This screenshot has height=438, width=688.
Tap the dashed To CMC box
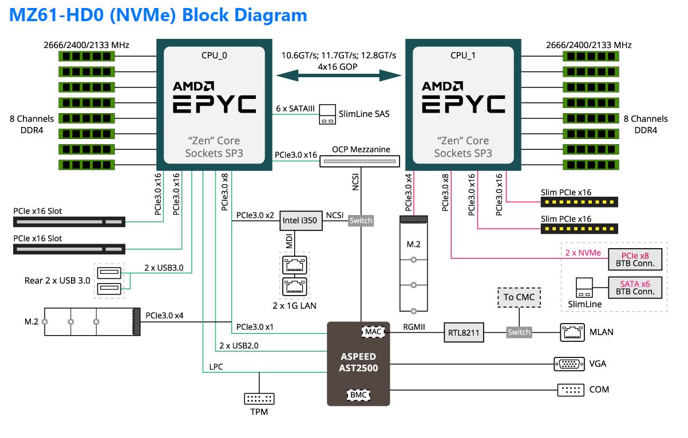pyautogui.click(x=519, y=297)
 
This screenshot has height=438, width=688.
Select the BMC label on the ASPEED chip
pyautogui.click(x=358, y=395)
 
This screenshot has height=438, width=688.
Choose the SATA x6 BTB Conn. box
pyautogui.click(x=635, y=287)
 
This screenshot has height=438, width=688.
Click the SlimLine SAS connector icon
pyautogui.click(x=327, y=114)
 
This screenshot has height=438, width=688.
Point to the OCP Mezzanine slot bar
pyautogui.click(x=359, y=162)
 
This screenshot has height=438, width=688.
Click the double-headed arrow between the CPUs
pyautogui.click(x=339, y=75)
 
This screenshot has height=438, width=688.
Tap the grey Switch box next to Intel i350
pyautogui.click(x=361, y=221)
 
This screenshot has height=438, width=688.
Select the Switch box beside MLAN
pyautogui.click(x=519, y=332)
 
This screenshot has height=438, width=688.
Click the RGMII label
pyautogui.click(x=414, y=327)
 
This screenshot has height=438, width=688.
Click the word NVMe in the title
pyautogui.click(x=144, y=14)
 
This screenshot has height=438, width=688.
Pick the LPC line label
pyautogui.click(x=216, y=367)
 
